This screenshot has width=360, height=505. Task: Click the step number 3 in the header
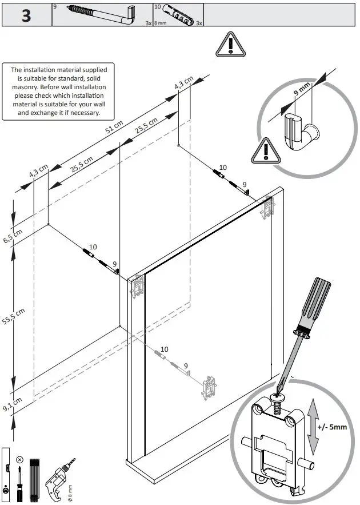pos(26,15)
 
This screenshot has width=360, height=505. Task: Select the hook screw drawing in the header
pos(100,14)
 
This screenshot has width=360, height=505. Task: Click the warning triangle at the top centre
pos(230,44)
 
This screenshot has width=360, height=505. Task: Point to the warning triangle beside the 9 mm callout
pos(264,151)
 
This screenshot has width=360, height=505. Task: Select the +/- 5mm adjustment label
pos(333,427)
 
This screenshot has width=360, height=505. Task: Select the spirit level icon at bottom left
pos(5,474)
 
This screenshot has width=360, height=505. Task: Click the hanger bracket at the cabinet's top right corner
pos(267,208)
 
